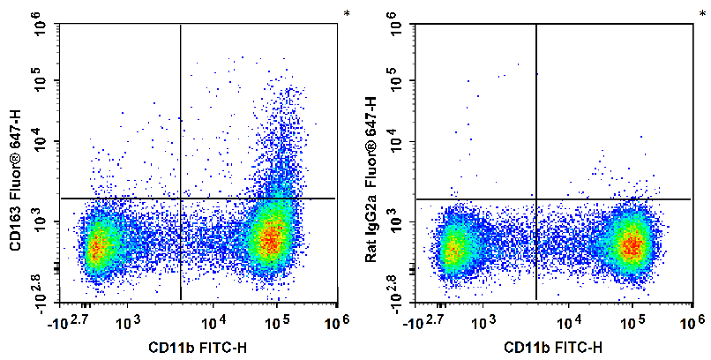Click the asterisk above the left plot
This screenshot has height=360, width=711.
click(347, 13)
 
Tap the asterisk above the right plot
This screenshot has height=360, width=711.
click(702, 13)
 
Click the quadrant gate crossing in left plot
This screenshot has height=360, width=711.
click(180, 199)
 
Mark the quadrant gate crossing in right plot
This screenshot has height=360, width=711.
click(536, 199)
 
